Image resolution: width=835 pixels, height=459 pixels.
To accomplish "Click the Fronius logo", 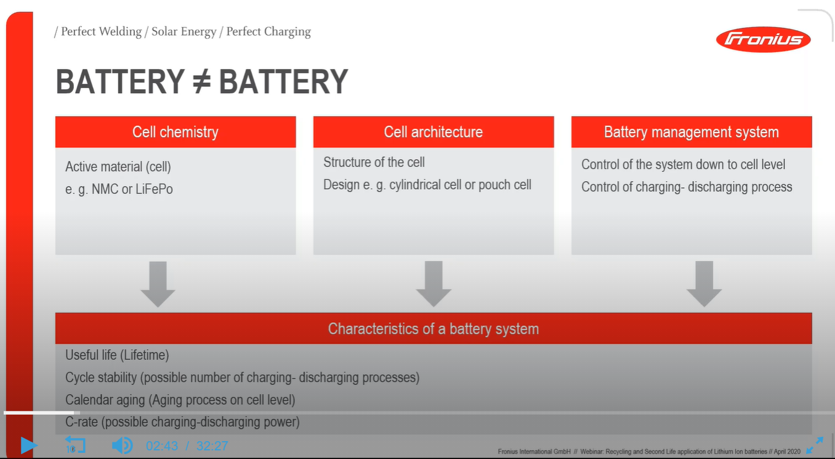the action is (x=763, y=39).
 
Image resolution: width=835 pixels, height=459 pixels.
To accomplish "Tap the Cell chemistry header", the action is (x=175, y=132).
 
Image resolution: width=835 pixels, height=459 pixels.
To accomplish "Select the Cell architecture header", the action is (x=434, y=132).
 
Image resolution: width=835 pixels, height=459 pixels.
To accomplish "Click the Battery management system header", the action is (x=692, y=132).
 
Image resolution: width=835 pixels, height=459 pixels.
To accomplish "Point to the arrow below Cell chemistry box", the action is (x=158, y=283).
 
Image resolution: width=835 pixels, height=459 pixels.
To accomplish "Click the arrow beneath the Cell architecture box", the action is (x=434, y=283).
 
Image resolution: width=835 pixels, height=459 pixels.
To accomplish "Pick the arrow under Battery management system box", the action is (x=704, y=283).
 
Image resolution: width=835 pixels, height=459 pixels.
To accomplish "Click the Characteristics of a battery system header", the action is (x=434, y=328).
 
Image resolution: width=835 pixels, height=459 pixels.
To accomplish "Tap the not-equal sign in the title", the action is (x=201, y=81).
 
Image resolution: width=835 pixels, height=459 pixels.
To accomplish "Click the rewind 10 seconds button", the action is (x=75, y=445).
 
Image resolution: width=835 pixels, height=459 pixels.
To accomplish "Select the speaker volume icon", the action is (x=121, y=445).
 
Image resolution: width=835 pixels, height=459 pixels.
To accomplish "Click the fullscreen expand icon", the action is (x=814, y=445).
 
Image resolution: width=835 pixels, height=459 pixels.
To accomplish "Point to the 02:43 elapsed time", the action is (x=162, y=445).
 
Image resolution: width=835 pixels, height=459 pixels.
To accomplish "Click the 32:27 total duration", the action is (x=212, y=445).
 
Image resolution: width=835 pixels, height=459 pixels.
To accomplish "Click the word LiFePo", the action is (x=155, y=189).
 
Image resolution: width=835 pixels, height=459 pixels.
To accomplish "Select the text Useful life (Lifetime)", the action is (x=117, y=355).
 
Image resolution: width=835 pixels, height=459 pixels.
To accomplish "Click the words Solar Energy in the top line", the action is (x=184, y=31).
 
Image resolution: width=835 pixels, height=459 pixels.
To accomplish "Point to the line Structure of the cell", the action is (x=374, y=162).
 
